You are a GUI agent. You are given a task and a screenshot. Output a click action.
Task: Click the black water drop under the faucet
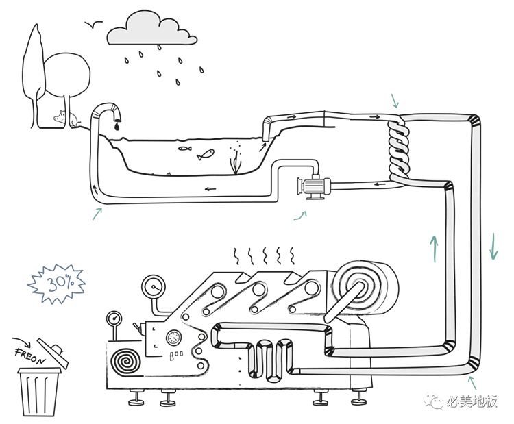click(x=117, y=125)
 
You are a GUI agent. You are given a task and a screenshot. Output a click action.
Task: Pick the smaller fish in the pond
click(x=184, y=147)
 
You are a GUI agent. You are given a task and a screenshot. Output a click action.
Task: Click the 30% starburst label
click(x=57, y=282)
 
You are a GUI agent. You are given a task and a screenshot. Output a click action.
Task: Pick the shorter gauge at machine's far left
click(x=114, y=319)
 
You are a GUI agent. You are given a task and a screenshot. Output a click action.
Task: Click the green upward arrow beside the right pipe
click(x=433, y=248)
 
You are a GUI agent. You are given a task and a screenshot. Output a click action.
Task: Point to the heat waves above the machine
click(x=265, y=257)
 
